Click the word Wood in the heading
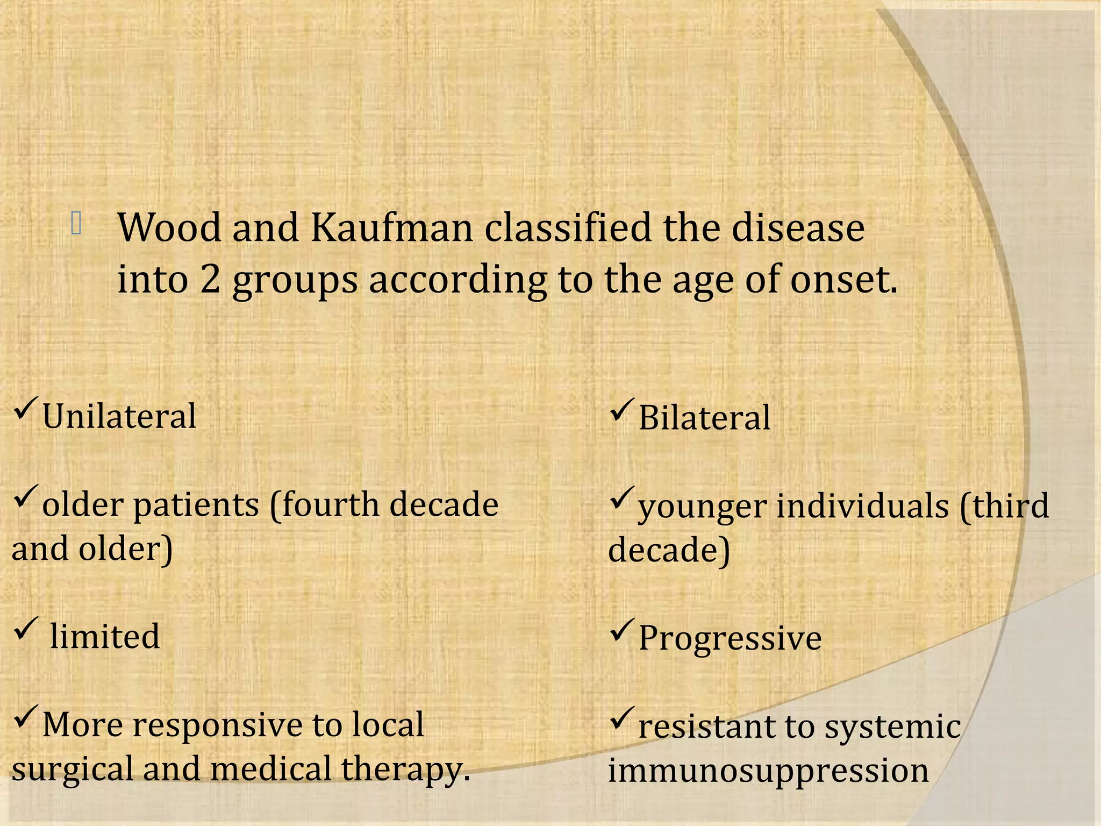coord(169,228)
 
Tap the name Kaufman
coord(392,228)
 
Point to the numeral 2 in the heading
coord(210,280)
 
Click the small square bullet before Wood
coord(76,224)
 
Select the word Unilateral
coord(119,417)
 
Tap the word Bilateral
coord(704,418)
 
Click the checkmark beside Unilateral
coord(25,408)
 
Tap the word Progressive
coord(730,638)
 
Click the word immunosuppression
coord(768,771)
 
